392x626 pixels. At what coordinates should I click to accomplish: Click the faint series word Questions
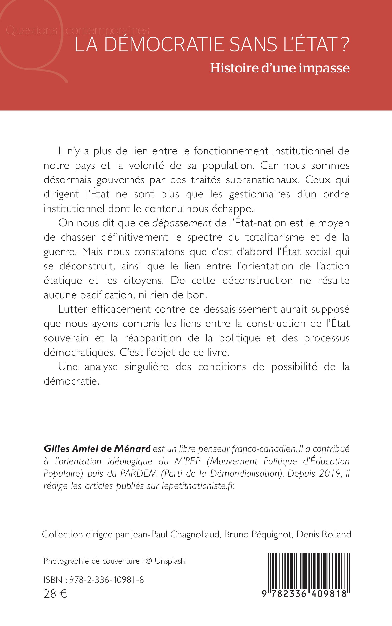(x=31, y=30)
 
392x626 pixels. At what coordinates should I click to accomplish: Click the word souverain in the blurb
(x=66, y=338)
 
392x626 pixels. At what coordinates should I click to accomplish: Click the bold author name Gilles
(x=57, y=448)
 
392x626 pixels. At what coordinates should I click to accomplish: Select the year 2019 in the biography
(x=330, y=473)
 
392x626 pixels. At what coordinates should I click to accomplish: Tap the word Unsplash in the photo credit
(x=170, y=561)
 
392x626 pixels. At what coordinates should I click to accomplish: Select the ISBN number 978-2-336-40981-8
(x=107, y=580)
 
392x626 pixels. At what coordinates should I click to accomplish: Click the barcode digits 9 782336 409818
(x=304, y=593)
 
